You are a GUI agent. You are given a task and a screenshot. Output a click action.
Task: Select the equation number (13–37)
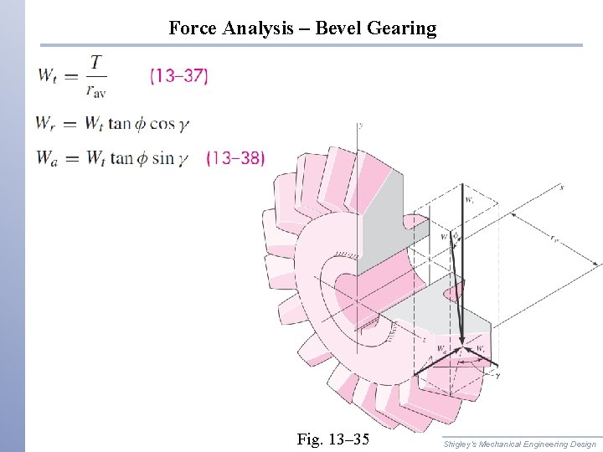178,76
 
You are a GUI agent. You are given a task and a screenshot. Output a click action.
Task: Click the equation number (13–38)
235,157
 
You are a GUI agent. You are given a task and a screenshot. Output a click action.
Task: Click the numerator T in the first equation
97,62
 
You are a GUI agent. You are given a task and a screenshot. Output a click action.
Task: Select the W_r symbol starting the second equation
46,124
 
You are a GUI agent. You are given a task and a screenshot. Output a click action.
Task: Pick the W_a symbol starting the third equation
47,157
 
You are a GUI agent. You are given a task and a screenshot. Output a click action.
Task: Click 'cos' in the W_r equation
161,124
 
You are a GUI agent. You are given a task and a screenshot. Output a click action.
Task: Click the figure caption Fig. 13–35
332,439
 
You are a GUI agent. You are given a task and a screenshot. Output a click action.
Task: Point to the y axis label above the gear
360,125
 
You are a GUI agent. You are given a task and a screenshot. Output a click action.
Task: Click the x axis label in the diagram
560,187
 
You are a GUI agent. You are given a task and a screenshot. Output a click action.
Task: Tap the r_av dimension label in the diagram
555,238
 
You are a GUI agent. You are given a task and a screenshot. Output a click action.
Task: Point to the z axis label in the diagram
425,340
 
